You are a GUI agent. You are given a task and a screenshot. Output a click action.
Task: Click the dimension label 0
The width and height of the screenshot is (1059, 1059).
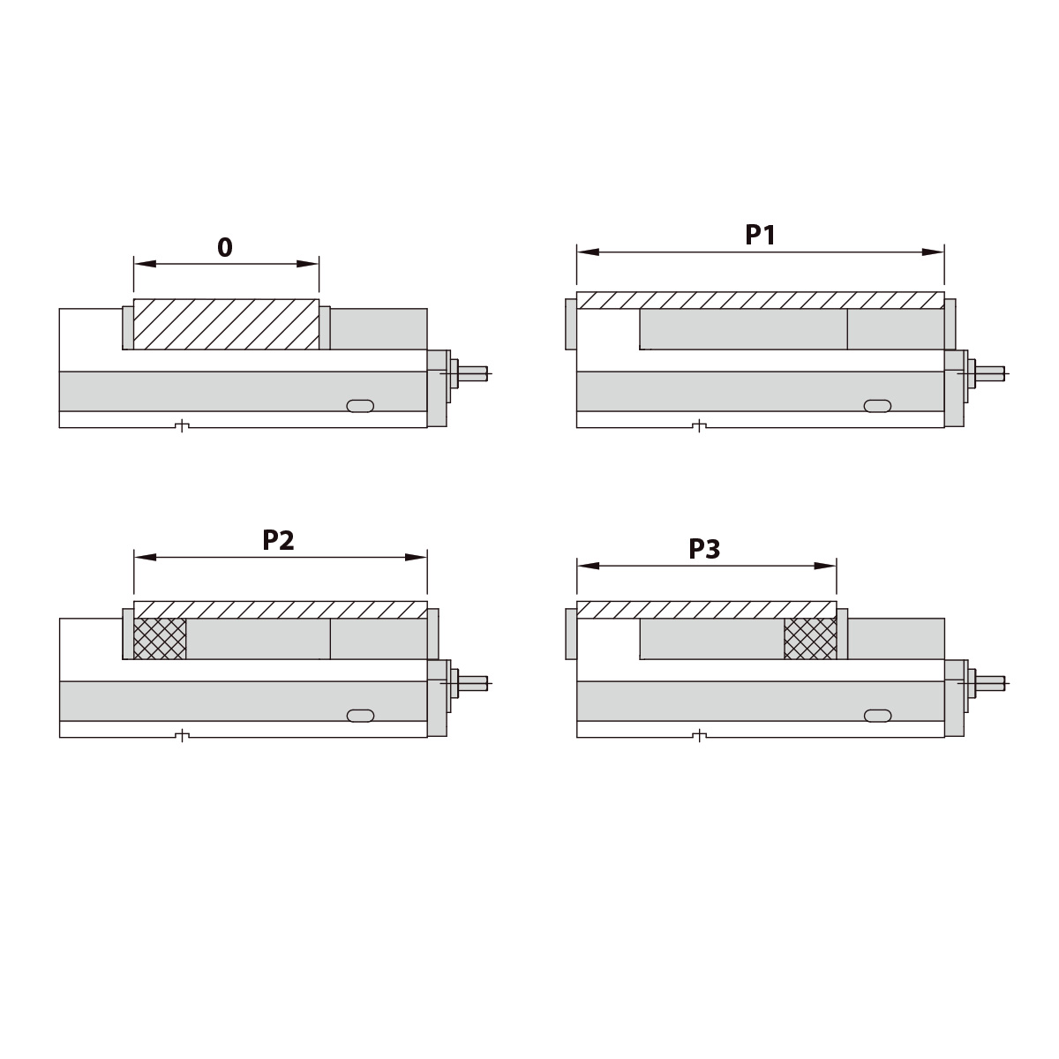(x=225, y=248)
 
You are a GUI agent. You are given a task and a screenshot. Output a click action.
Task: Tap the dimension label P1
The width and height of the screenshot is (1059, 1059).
(x=760, y=235)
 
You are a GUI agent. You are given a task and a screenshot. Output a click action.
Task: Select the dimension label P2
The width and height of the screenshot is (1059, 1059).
(x=278, y=540)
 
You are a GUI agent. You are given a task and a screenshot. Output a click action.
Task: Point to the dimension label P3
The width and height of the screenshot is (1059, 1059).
(x=704, y=549)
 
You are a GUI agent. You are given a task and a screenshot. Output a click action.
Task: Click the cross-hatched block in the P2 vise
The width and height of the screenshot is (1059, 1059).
(x=160, y=639)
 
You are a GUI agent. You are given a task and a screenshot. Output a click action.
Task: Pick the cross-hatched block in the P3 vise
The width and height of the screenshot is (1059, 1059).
(x=810, y=639)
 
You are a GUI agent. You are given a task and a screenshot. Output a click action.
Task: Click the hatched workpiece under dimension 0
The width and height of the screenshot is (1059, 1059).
(x=226, y=325)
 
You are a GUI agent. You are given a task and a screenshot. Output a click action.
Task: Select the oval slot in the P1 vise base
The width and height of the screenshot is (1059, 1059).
(x=877, y=406)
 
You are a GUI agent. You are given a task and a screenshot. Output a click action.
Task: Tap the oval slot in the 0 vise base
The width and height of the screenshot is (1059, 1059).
(x=360, y=406)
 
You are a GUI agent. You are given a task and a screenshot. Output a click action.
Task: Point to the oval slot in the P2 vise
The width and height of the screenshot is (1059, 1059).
(x=360, y=715)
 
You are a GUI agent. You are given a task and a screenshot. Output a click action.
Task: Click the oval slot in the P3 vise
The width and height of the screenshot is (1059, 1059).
(x=877, y=715)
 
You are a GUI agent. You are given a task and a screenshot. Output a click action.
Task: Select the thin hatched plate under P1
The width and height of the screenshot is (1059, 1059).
(x=760, y=300)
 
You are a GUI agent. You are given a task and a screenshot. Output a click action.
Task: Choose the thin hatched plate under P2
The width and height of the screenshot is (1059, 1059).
(x=280, y=610)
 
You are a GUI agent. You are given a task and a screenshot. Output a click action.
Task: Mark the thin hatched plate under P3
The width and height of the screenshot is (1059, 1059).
(x=706, y=610)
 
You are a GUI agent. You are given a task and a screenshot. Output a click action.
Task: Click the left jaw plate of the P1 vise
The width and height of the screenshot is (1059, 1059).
(x=570, y=324)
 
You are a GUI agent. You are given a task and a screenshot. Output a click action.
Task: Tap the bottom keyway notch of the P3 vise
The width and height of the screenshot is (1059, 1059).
(x=699, y=734)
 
